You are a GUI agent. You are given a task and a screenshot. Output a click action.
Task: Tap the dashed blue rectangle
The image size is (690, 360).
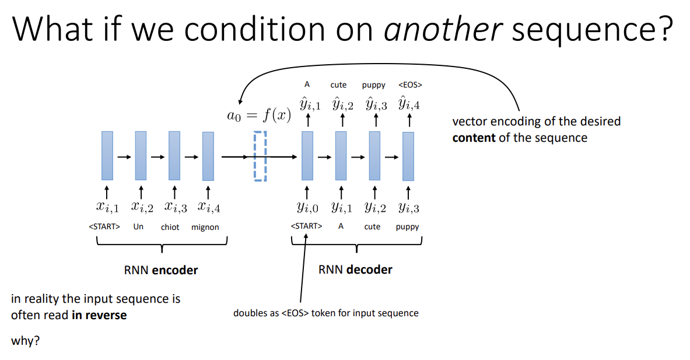coord(260,156)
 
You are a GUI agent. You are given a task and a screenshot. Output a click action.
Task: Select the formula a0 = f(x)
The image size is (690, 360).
coord(259,115)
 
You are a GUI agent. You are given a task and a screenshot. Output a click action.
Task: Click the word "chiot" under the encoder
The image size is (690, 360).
coord(170,227)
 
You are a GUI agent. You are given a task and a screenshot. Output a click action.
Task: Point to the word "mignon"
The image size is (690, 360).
coord(205,227)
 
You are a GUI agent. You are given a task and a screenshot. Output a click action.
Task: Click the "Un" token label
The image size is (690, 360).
coord(138,226)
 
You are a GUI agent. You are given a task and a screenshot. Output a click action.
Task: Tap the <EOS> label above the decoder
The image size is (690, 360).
coord(410,85)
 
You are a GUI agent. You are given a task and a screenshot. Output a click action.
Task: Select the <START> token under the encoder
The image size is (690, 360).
coord(105,226)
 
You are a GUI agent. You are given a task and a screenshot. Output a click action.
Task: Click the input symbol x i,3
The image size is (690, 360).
coord(175,207)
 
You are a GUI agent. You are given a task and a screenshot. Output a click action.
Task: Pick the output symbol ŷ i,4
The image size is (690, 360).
coord(409,105)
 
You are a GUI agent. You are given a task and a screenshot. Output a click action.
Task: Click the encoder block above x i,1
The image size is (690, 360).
coord(107,156)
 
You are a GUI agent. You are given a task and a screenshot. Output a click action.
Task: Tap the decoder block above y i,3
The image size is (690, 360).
coord(408,156)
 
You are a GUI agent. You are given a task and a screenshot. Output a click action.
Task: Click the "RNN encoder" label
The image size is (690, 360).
coord(161,270)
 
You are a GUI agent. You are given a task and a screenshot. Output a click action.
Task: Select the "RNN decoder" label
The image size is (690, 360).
coord(355,270)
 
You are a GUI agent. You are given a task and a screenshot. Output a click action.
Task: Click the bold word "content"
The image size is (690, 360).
coord(475,138)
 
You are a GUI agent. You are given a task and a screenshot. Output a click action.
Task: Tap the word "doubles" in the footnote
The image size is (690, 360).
coord(250,313)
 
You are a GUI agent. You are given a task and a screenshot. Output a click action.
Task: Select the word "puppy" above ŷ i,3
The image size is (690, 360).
coord(374,85)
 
